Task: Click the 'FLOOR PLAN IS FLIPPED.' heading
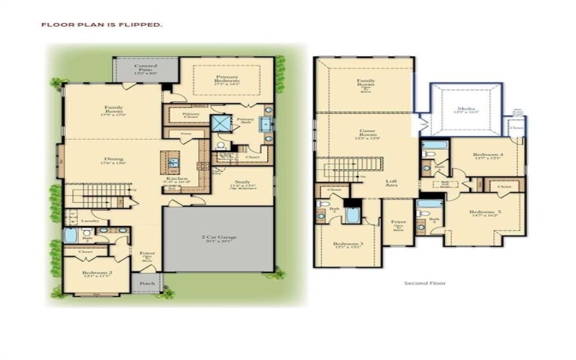click(x=102, y=24)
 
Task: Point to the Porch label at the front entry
click(x=147, y=283)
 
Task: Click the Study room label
click(x=243, y=184)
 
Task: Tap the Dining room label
click(x=113, y=161)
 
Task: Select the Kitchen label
click(x=177, y=181)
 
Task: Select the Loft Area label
click(x=391, y=183)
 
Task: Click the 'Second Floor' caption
click(x=425, y=283)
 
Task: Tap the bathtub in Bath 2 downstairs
click(x=70, y=235)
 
